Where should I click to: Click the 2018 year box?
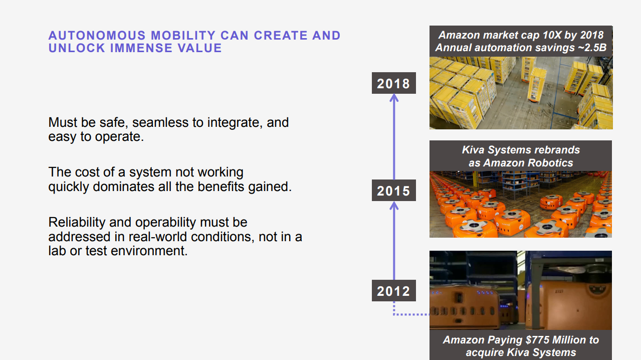point(394,83)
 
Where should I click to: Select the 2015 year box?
point(394,191)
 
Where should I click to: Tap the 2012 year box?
point(394,291)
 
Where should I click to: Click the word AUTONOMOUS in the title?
point(97,36)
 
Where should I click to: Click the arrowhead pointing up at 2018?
point(394,98)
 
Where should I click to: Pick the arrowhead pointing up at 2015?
point(394,206)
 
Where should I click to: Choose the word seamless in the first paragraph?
point(160,122)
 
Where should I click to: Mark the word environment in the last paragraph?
point(149,251)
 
